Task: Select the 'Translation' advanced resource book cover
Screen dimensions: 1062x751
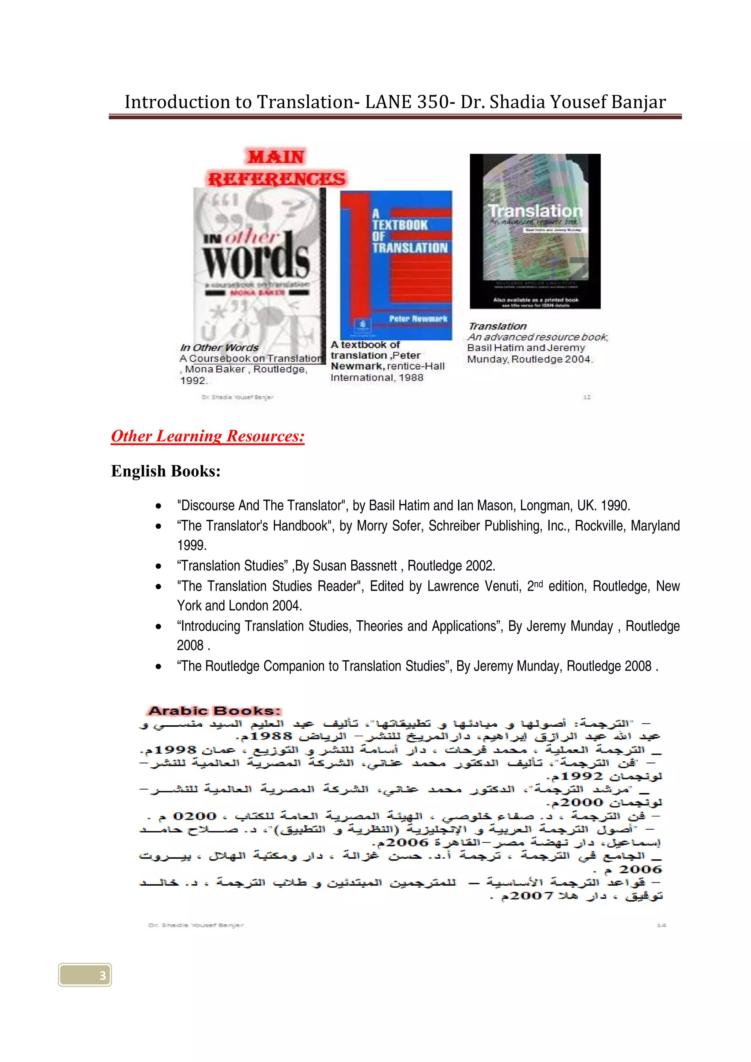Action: pyautogui.click(x=535, y=231)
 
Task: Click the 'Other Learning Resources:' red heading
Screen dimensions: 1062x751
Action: pyautogui.click(x=208, y=436)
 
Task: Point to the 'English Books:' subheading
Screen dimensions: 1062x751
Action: pyautogui.click(x=166, y=471)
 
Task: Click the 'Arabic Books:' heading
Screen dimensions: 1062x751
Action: pyautogui.click(x=214, y=711)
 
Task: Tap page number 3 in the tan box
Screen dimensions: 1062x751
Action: pyautogui.click(x=103, y=976)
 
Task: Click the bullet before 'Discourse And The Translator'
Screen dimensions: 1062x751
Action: pyautogui.click(x=159, y=506)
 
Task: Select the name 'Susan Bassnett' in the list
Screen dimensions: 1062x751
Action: pyautogui.click(x=355, y=566)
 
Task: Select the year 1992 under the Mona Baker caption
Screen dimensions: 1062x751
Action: pyautogui.click(x=193, y=381)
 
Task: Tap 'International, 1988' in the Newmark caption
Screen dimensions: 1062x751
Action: pyautogui.click(x=377, y=377)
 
